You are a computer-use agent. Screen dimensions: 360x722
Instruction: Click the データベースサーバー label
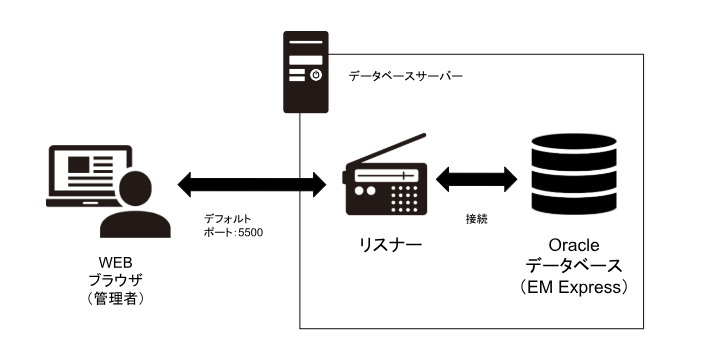click(x=405, y=76)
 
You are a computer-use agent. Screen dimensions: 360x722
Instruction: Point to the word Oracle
click(x=574, y=245)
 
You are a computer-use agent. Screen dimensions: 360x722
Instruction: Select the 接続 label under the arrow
click(x=477, y=218)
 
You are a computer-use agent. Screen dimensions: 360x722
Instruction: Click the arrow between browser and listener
click(x=253, y=183)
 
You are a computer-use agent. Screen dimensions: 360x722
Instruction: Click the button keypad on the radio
click(x=404, y=199)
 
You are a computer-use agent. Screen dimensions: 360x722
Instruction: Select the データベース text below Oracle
click(x=574, y=266)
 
